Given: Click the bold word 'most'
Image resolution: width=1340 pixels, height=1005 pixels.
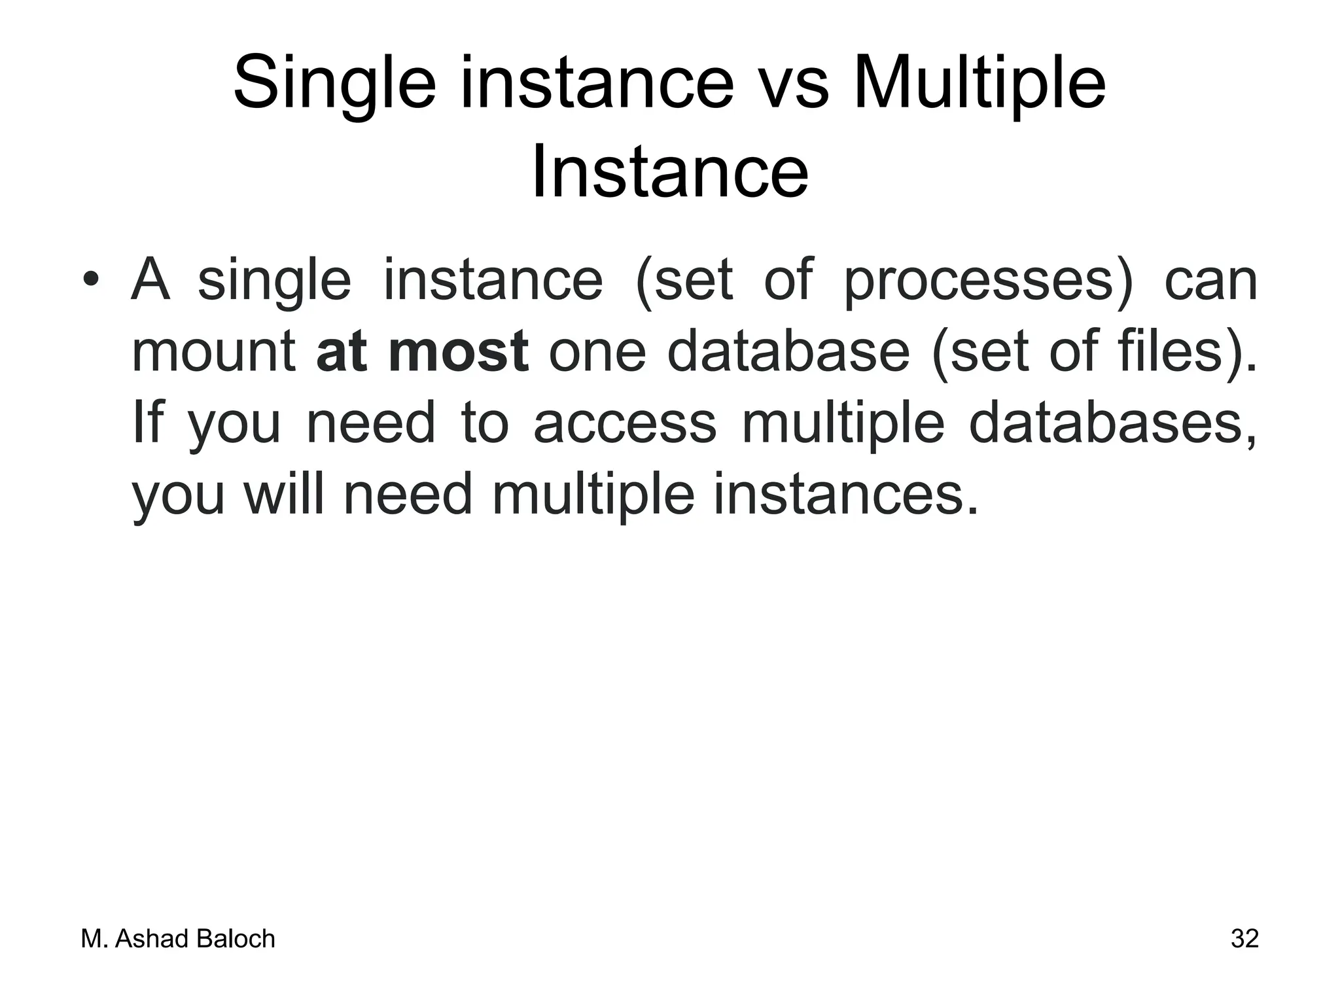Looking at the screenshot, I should click(x=458, y=352).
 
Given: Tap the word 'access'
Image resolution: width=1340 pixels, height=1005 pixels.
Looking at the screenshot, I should click(x=625, y=423).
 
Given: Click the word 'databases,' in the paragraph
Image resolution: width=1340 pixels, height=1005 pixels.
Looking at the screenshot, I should click(x=1112, y=423).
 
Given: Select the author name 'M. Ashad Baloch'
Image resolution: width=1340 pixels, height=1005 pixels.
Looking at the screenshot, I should click(x=178, y=940).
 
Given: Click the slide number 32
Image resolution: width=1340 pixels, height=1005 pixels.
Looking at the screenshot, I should click(x=1244, y=939).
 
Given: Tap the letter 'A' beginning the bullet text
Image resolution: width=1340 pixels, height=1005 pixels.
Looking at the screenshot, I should click(x=151, y=280).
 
